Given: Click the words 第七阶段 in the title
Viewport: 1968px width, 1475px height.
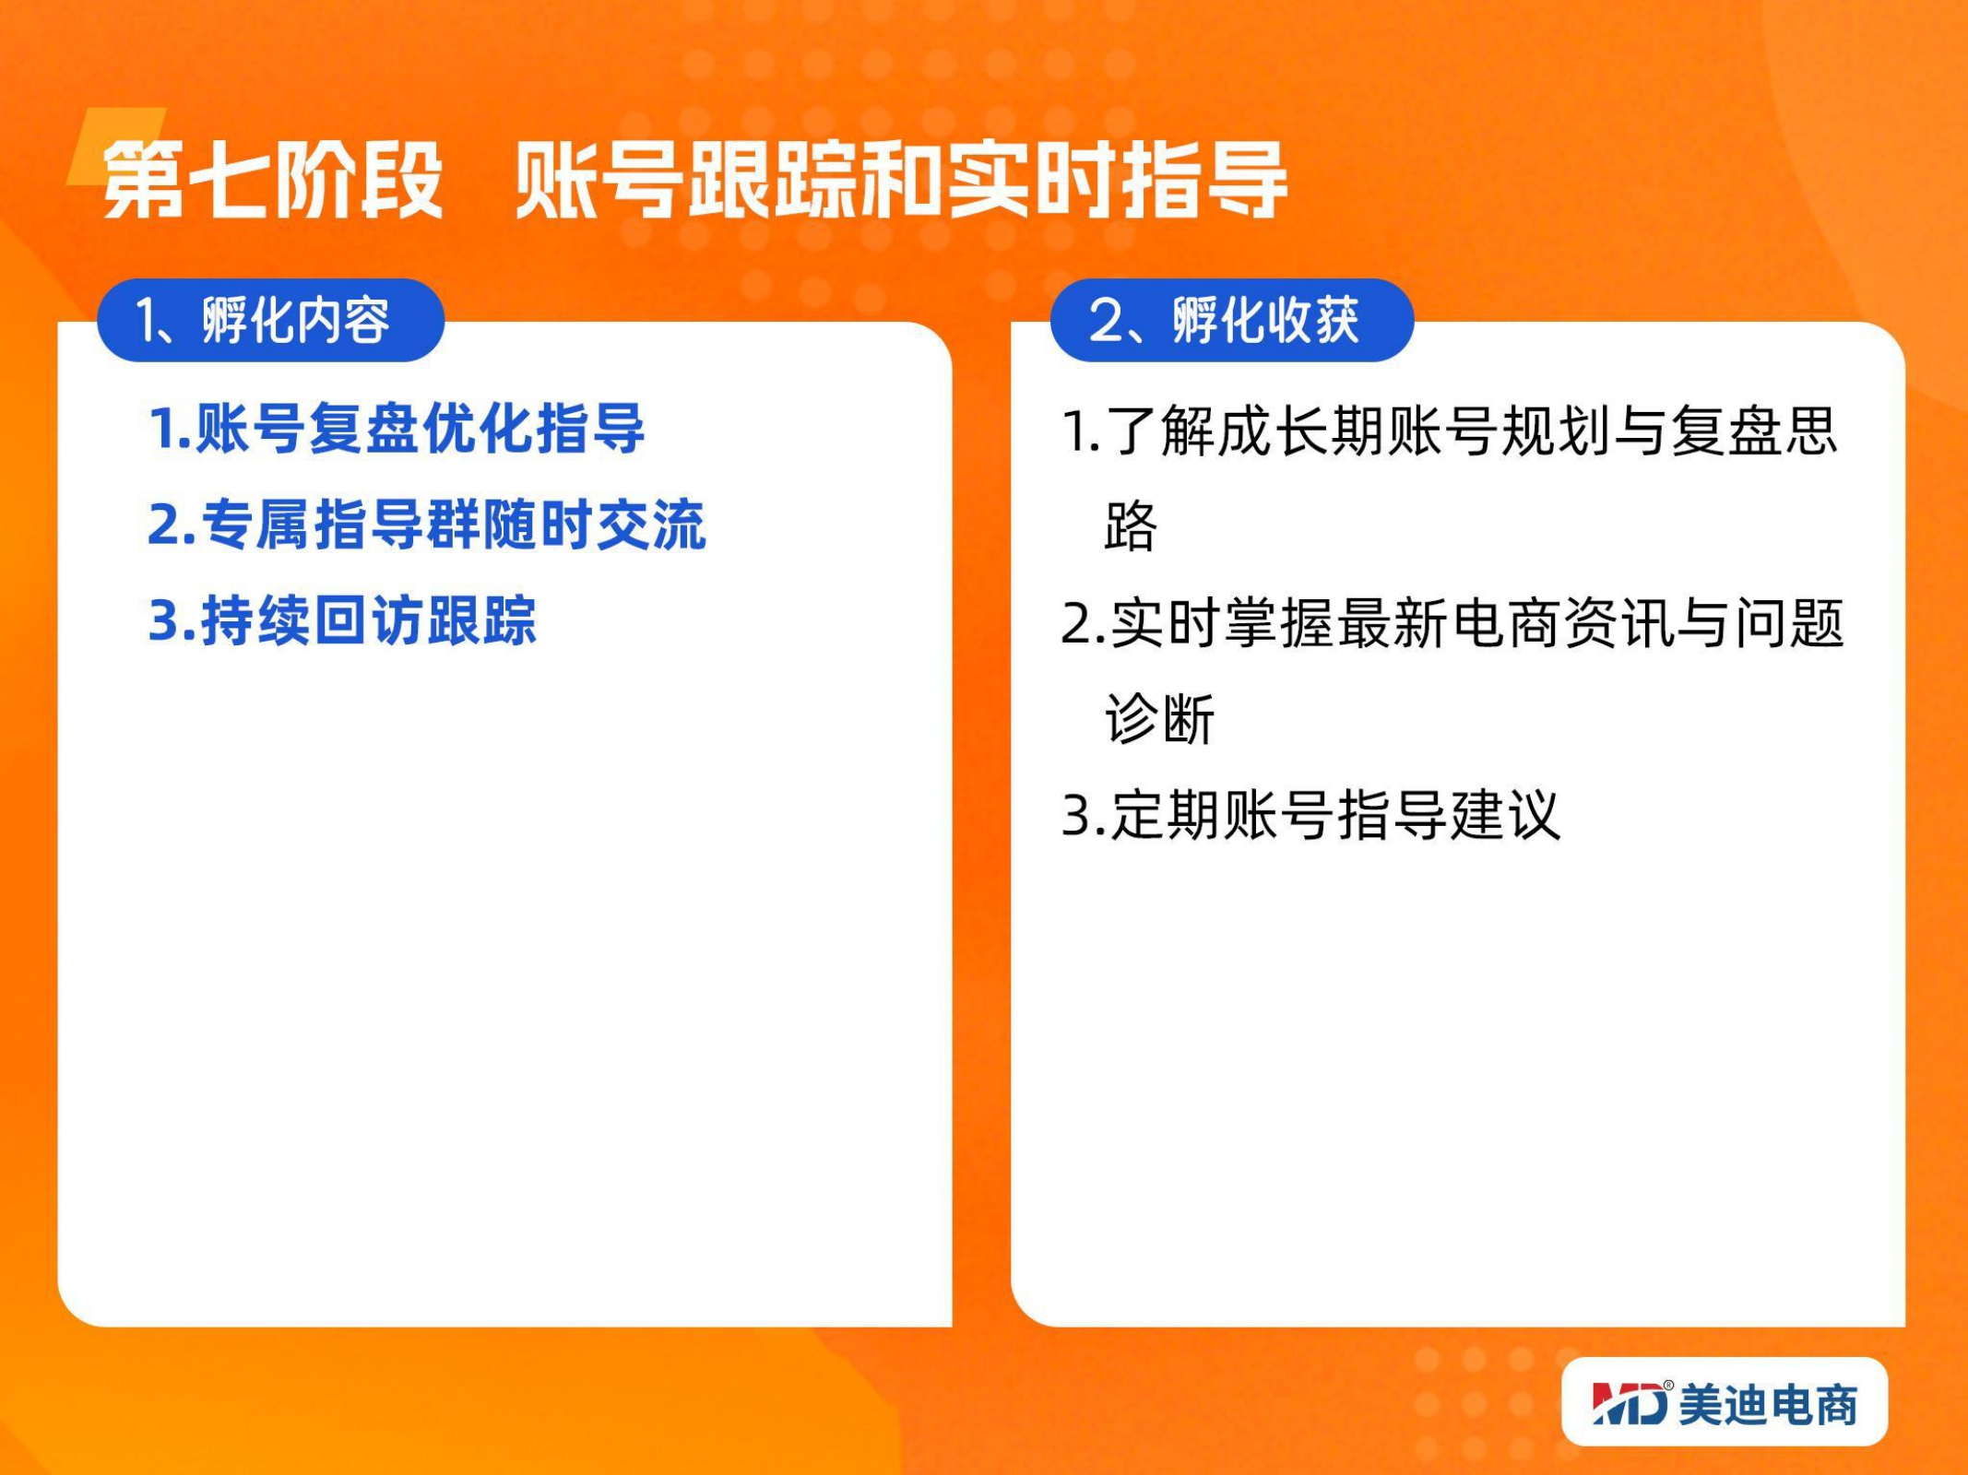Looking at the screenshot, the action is tap(273, 181).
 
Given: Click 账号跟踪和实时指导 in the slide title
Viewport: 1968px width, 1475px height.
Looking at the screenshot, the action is tap(901, 181).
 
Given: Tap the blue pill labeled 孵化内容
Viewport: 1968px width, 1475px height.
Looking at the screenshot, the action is tap(271, 320).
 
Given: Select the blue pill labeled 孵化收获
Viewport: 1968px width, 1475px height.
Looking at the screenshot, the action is tap(1232, 320).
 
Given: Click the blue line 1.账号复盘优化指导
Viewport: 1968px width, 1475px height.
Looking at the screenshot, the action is tap(397, 429).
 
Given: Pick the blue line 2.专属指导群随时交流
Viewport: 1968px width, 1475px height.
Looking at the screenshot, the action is tap(427, 525).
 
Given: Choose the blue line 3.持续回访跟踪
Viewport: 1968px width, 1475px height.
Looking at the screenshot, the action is tap(342, 620).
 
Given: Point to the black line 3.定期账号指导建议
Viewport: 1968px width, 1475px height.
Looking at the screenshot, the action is tap(1310, 815).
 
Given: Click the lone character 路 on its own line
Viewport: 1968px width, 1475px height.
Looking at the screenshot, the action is tap(1131, 526).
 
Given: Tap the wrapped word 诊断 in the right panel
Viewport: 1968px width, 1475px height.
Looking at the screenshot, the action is tap(1160, 719).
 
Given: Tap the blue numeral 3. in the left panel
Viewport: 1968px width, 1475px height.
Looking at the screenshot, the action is tap(172, 621).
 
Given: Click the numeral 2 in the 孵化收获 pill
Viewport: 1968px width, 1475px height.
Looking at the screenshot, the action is tap(1105, 321).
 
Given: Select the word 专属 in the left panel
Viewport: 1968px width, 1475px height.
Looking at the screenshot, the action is tap(256, 525).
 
